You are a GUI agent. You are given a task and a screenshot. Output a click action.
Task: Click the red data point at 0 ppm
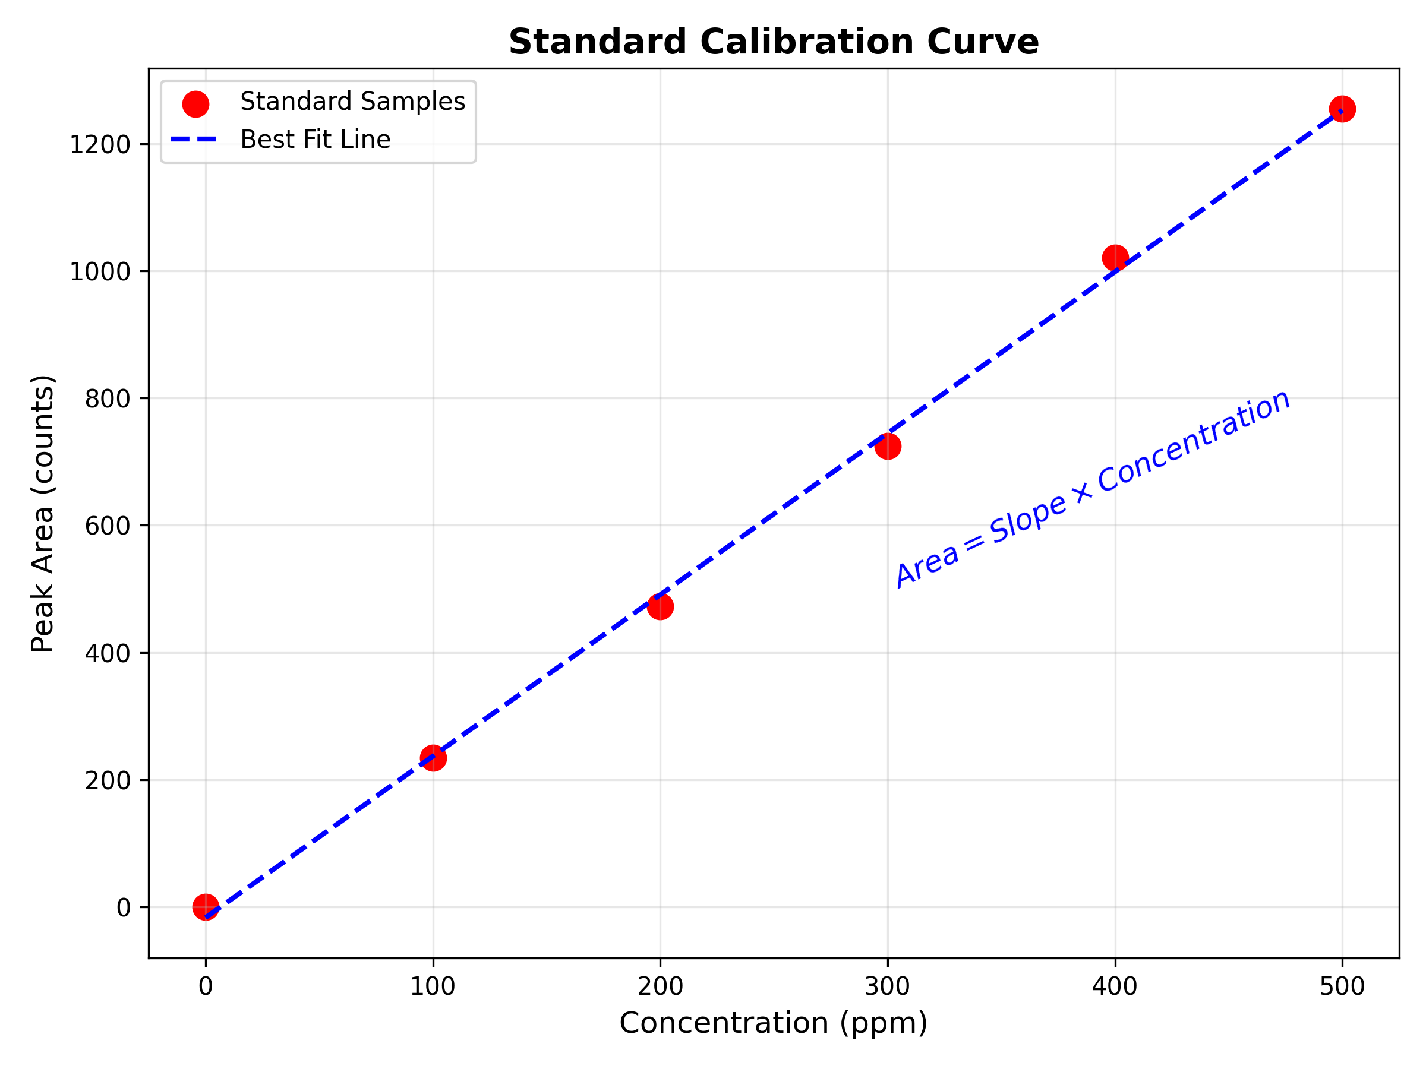point(206,907)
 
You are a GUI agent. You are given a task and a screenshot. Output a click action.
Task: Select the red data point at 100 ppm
point(433,758)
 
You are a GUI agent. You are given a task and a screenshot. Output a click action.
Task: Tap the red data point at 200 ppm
point(660,606)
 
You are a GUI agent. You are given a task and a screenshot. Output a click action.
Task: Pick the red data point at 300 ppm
point(888,446)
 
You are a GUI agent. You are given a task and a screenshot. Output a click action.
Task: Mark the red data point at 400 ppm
point(1115,258)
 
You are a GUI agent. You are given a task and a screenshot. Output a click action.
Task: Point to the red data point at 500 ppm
point(1342,109)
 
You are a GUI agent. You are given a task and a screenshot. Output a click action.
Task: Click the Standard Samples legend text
point(352,102)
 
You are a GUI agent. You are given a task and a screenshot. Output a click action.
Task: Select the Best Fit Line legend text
point(316,140)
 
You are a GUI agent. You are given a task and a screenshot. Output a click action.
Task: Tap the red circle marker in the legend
point(195,104)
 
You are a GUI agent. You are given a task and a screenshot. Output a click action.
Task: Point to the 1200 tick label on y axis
point(100,145)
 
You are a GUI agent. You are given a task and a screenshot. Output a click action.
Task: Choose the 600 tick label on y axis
point(108,526)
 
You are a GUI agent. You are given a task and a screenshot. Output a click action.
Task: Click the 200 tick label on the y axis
point(108,781)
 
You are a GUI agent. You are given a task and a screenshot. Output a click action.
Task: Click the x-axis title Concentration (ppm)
point(773,1023)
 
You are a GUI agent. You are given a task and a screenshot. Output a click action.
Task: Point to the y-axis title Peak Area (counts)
point(43,514)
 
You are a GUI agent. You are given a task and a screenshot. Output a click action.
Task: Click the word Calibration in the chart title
point(807,43)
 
